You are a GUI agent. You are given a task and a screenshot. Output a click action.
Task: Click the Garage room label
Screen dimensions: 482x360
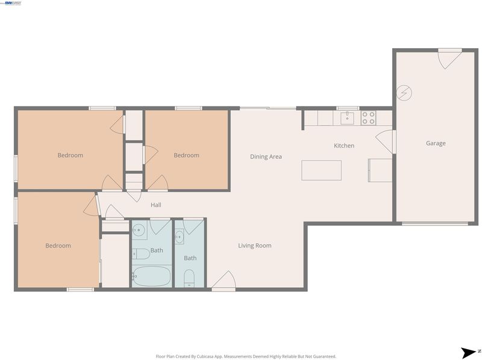(436, 143)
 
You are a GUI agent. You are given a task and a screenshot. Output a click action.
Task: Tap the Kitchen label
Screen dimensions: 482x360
(344, 146)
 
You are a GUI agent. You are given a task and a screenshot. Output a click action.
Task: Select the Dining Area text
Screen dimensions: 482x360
(266, 157)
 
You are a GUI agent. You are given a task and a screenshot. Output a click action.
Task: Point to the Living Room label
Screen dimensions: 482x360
(255, 246)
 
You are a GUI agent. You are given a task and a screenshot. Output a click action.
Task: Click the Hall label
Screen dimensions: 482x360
(156, 205)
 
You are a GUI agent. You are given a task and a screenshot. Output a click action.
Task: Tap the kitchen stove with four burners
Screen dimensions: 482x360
(368, 118)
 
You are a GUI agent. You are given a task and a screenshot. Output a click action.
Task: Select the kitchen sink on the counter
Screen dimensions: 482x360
(347, 118)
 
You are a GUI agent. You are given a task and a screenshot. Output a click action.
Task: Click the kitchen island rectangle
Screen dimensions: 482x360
(321, 170)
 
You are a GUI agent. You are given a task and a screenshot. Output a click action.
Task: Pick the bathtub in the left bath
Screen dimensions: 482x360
(152, 276)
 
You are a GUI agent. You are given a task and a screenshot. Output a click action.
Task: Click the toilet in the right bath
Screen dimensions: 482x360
(189, 278)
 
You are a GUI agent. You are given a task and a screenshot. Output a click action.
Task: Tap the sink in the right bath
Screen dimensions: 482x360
(179, 237)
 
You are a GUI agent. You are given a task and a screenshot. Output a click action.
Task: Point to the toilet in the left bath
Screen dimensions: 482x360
(141, 254)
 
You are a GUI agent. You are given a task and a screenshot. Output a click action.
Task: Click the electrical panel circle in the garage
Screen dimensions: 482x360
(404, 93)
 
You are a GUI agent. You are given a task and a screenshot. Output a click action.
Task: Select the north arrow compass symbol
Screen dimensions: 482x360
(469, 353)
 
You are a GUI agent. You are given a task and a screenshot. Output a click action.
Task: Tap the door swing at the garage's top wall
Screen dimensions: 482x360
(449, 59)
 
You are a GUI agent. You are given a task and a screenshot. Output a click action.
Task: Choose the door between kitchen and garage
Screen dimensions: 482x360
(386, 141)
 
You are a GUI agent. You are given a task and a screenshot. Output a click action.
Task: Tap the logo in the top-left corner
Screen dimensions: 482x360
(12, 3)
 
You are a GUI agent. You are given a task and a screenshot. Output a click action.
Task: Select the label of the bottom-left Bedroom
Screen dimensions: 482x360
(58, 246)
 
